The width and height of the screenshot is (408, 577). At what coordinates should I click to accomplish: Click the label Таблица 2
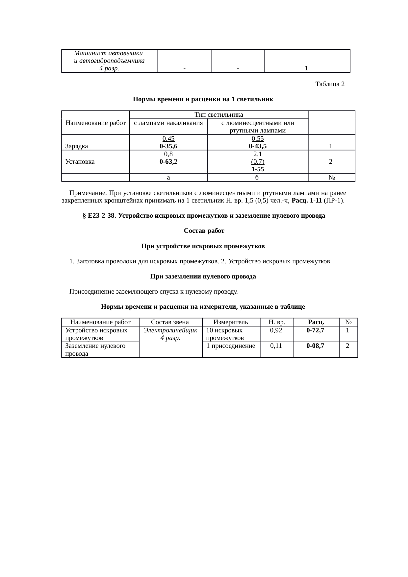pos(330,84)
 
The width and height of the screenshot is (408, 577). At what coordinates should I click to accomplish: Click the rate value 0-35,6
pos(168,146)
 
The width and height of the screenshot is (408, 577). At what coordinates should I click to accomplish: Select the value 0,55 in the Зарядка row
pos(258,139)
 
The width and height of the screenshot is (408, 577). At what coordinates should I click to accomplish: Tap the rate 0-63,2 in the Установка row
pos(168,161)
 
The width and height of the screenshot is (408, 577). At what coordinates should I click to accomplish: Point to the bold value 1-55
pos(258,169)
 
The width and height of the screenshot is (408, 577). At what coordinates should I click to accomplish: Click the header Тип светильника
pos(219,115)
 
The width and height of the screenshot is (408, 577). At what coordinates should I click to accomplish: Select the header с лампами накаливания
pos(168,123)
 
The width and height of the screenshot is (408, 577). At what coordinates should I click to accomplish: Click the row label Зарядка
pos(77,146)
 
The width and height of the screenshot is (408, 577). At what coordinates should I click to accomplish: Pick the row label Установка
pos(80,161)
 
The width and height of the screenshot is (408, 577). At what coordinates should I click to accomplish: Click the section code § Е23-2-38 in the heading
pos(99,216)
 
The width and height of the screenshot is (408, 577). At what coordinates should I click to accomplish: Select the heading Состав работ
pos(204,231)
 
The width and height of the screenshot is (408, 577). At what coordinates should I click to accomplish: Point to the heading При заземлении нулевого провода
pos(203,276)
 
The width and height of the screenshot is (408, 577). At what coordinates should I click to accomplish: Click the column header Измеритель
pos(231,322)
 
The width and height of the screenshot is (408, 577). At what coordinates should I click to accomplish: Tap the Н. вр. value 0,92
pos(276,330)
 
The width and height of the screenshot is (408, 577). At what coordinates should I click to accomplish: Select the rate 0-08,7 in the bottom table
pos(315,346)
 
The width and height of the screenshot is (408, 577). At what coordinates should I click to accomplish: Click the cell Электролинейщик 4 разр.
pos(170,334)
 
